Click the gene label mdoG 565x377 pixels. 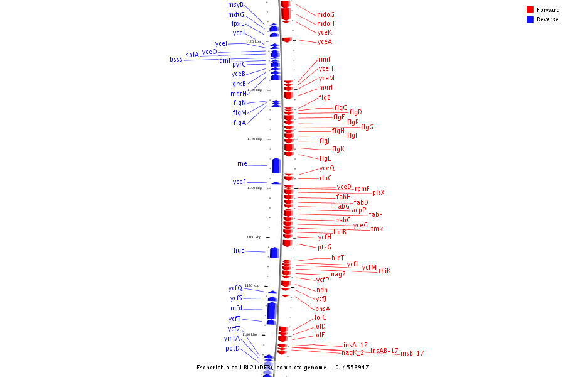pyautogui.click(x=325, y=14)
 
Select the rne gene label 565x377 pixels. pyautogui.click(x=242, y=164)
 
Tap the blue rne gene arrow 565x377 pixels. pyautogui.click(x=276, y=165)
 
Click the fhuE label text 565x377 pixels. pyautogui.click(x=237, y=251)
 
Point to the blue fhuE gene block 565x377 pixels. pyautogui.click(x=274, y=252)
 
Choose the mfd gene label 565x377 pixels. pyautogui.click(x=236, y=309)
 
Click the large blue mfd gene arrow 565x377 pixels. pyautogui.click(x=272, y=310)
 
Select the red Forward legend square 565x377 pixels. pyautogui.click(x=530, y=10)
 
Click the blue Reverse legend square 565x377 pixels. pyautogui.click(x=530, y=19)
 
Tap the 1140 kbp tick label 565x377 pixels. pyautogui.click(x=254, y=139)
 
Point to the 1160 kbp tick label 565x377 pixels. pyautogui.click(x=254, y=237)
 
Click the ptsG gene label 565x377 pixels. pyautogui.click(x=324, y=248)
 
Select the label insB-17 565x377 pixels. pyautogui.click(x=412, y=354)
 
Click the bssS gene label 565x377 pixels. pyautogui.click(x=176, y=60)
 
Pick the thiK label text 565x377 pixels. pyautogui.click(x=384, y=271)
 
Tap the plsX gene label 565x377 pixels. pyautogui.click(x=378, y=193)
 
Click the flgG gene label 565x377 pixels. pyautogui.click(x=367, y=128)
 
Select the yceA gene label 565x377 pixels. pyautogui.click(x=325, y=42)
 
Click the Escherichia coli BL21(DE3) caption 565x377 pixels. pyautogui.click(x=282, y=367)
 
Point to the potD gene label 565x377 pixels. pyautogui.click(x=232, y=348)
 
